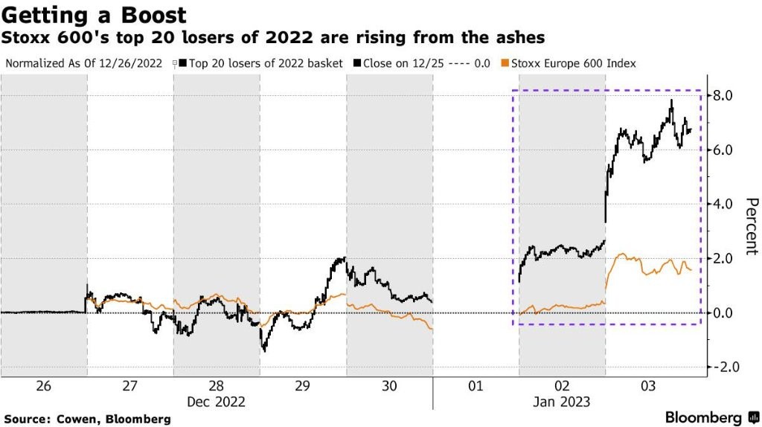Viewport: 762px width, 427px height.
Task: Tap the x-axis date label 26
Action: (43, 386)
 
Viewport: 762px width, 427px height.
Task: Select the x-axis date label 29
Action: (303, 386)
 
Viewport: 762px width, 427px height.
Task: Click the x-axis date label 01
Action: (476, 386)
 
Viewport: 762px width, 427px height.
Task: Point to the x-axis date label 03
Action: (649, 386)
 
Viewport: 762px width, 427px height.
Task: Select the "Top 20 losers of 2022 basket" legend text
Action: (266, 63)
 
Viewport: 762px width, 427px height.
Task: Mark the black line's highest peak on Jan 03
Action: (672, 100)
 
